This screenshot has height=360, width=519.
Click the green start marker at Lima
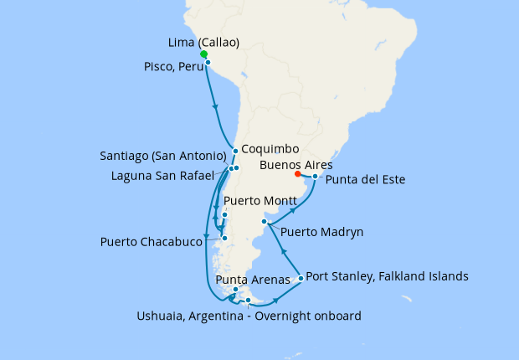point(203,54)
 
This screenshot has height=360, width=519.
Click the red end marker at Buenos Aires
point(298,175)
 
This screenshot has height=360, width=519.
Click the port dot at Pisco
point(208,63)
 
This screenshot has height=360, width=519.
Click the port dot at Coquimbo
point(236,152)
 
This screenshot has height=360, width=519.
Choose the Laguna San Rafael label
point(170,175)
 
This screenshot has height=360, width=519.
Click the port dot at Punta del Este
point(315,177)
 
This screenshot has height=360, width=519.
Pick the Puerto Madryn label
point(322,231)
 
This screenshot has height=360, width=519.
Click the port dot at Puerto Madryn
point(265,222)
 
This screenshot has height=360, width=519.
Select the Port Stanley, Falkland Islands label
point(388,275)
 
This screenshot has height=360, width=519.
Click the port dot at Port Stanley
point(300,278)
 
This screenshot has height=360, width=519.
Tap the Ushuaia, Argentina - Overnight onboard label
point(249,316)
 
